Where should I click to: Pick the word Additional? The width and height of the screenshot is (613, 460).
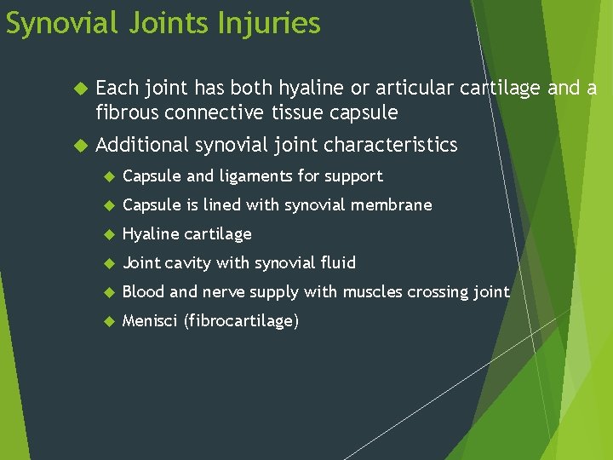tap(142, 145)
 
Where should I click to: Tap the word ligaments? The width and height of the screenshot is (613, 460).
tap(255, 176)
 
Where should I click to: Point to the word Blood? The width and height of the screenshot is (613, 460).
tap(144, 292)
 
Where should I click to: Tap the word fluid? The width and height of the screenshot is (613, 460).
tap(336, 263)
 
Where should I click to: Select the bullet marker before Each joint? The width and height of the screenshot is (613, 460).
tap(81, 89)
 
